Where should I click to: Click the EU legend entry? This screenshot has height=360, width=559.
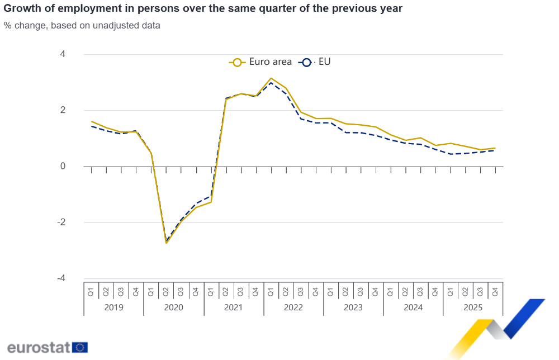[316, 62]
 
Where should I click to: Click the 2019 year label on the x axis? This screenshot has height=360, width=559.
[113, 307]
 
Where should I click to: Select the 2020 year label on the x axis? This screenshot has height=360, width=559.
[173, 307]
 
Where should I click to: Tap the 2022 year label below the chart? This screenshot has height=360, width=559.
[293, 307]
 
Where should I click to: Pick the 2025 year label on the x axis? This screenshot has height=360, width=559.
[473, 307]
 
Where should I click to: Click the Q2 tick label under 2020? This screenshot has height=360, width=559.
[166, 291]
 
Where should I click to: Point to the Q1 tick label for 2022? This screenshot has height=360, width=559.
[271, 291]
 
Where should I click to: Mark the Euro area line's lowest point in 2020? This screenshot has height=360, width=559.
[166, 243]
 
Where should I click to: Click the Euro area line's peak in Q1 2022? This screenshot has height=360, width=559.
[271, 78]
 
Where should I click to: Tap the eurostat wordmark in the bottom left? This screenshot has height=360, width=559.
[38, 347]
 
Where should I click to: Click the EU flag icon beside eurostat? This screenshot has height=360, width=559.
[80, 347]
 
